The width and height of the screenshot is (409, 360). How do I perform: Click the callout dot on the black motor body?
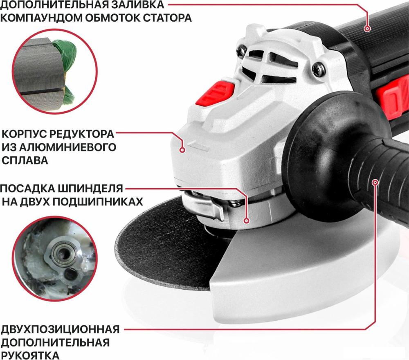click(x=367, y=29)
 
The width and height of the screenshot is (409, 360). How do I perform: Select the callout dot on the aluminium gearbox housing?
click(x=183, y=150)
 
